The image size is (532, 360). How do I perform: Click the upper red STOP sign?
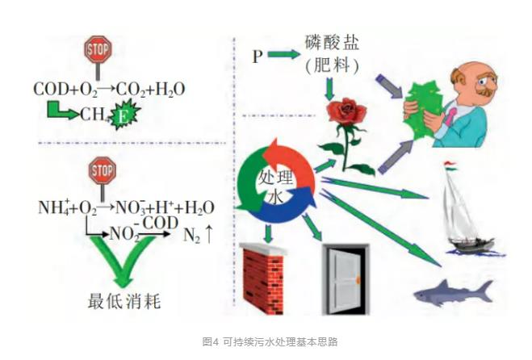tap(98, 50)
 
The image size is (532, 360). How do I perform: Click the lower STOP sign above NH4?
tap(102, 171)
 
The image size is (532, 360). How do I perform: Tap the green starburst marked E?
tap(125, 115)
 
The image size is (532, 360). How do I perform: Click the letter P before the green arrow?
tap(257, 56)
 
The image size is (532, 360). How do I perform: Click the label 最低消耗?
tap(124, 302)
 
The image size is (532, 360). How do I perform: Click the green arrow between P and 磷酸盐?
tap(284, 56)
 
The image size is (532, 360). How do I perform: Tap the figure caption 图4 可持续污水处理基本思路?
tap(266, 342)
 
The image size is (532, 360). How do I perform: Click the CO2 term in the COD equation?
tap(133, 89)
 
